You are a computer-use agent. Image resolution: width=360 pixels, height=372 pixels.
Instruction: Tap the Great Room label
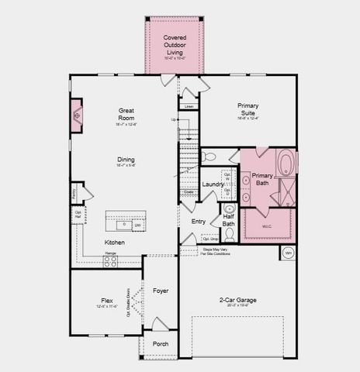pos(126,115)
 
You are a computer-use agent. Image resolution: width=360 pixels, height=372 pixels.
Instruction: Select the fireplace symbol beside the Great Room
pos(77,116)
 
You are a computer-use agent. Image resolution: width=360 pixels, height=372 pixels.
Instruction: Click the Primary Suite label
pos(248,109)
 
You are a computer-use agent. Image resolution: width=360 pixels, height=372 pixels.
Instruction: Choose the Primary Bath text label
pos(261,181)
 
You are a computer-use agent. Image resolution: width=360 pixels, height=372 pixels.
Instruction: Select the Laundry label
pos(213,184)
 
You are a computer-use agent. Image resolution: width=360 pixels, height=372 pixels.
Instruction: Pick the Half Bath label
pos(228,220)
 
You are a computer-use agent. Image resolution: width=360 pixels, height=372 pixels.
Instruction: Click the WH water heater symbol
pos(287,253)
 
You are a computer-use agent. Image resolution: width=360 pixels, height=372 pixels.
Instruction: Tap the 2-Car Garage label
pos(237,300)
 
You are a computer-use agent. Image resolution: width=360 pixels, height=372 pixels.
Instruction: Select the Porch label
pos(160,343)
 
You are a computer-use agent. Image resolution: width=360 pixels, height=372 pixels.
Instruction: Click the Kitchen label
pos(114,243)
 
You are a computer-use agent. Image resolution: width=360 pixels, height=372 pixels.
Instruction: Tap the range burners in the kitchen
pos(110,261)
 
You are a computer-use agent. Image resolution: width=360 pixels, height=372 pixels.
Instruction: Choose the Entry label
pos(199,221)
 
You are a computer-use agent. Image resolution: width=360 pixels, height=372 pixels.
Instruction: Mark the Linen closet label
pos(189,106)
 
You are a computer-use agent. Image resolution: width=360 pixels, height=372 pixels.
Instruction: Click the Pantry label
pos(74,191)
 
